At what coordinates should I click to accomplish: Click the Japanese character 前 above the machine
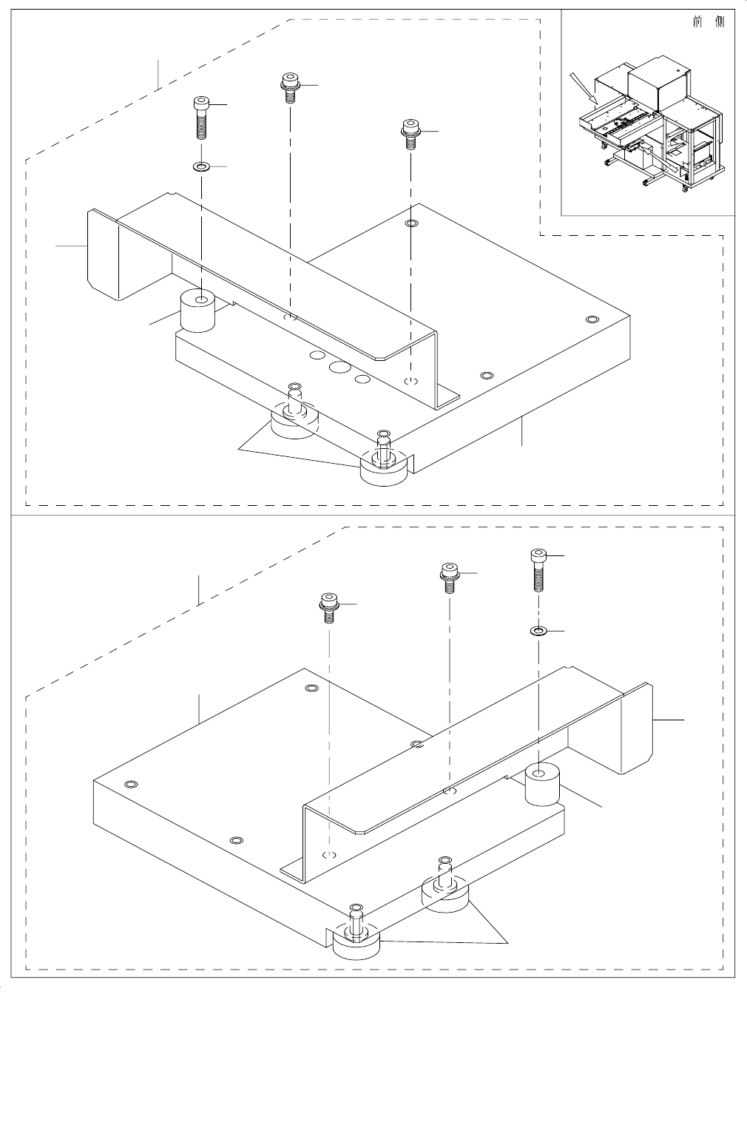point(697,21)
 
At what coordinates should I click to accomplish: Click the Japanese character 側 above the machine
point(720,21)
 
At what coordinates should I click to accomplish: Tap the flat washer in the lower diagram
point(538,631)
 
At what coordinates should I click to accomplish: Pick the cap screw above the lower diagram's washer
point(538,569)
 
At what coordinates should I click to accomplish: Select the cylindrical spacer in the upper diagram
point(197,311)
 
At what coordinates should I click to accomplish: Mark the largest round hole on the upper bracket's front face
point(339,366)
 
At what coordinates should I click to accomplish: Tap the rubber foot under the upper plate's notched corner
point(384,469)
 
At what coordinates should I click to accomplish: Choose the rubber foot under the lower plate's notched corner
point(355,941)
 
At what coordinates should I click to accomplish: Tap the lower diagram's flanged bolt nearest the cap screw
point(447,577)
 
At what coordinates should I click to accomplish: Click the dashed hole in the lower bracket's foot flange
point(330,855)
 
